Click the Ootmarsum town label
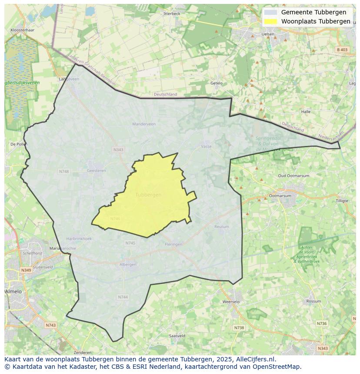pos(280,196)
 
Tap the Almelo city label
pos(13,291)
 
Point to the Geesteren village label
pos(96,171)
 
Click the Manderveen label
pos(143,124)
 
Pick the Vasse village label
pos(206,146)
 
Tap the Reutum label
pos(221,227)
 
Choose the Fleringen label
pos(173,245)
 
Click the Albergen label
pos(128,265)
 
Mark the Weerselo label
pos(230,301)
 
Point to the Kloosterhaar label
pos(22,30)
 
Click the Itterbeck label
pos(172,13)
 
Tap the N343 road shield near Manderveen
pos(118,150)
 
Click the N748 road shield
pos(64,172)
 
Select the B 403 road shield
pos(342,50)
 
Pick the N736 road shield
pos(321,324)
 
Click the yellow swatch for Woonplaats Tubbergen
pos(270,22)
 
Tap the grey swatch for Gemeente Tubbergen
pos(270,13)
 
